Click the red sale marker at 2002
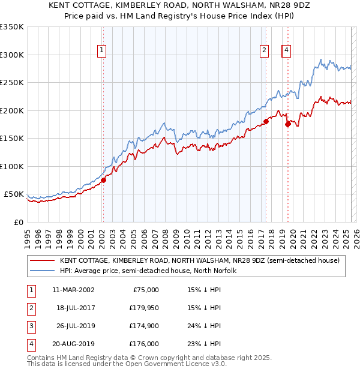click(103, 179)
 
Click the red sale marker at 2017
click(266, 121)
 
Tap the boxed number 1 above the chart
click(102, 51)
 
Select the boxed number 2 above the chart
click(264, 51)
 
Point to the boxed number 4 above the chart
click(287, 51)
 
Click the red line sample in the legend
click(42, 260)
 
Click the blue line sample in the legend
click(42, 271)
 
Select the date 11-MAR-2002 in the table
click(73, 290)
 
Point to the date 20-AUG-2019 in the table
click(73, 344)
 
